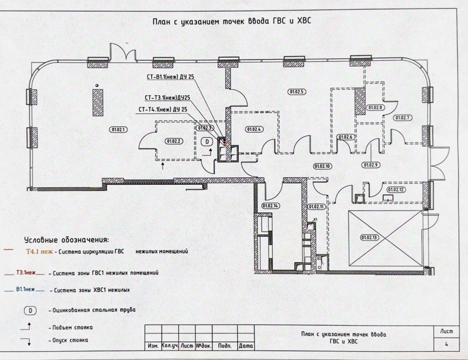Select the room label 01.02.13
pyautogui.click(x=369, y=237)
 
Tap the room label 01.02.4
pyautogui.click(x=254, y=129)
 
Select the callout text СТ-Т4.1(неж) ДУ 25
pyautogui.click(x=163, y=109)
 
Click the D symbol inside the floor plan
pyautogui.click(x=206, y=141)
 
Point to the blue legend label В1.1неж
pyautogui.click(x=25, y=289)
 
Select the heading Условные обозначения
pyautogui.click(x=67, y=240)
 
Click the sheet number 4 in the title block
pyautogui.click(x=446, y=344)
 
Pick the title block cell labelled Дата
pyautogui.click(x=245, y=345)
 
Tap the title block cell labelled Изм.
pyautogui.click(x=153, y=345)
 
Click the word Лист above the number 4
pyautogui.click(x=446, y=331)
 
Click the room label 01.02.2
pyautogui.click(x=173, y=141)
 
